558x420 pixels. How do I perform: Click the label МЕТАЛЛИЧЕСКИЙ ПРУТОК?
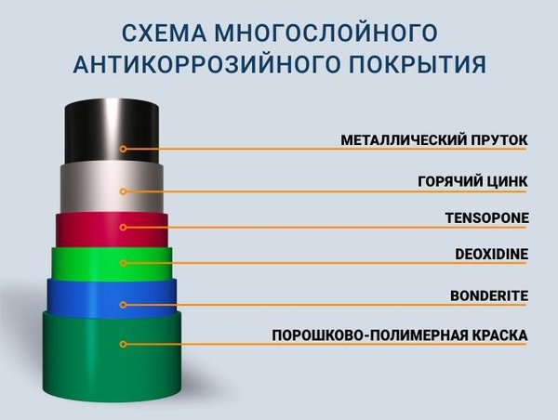(x=434, y=140)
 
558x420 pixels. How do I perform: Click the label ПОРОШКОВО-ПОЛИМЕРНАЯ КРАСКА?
(x=400, y=335)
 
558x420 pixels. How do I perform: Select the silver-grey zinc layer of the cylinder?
(x=93, y=190)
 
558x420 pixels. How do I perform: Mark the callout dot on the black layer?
(x=123, y=149)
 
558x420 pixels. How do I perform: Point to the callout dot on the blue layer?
(x=123, y=304)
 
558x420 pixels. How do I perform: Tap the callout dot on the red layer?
(x=123, y=227)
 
